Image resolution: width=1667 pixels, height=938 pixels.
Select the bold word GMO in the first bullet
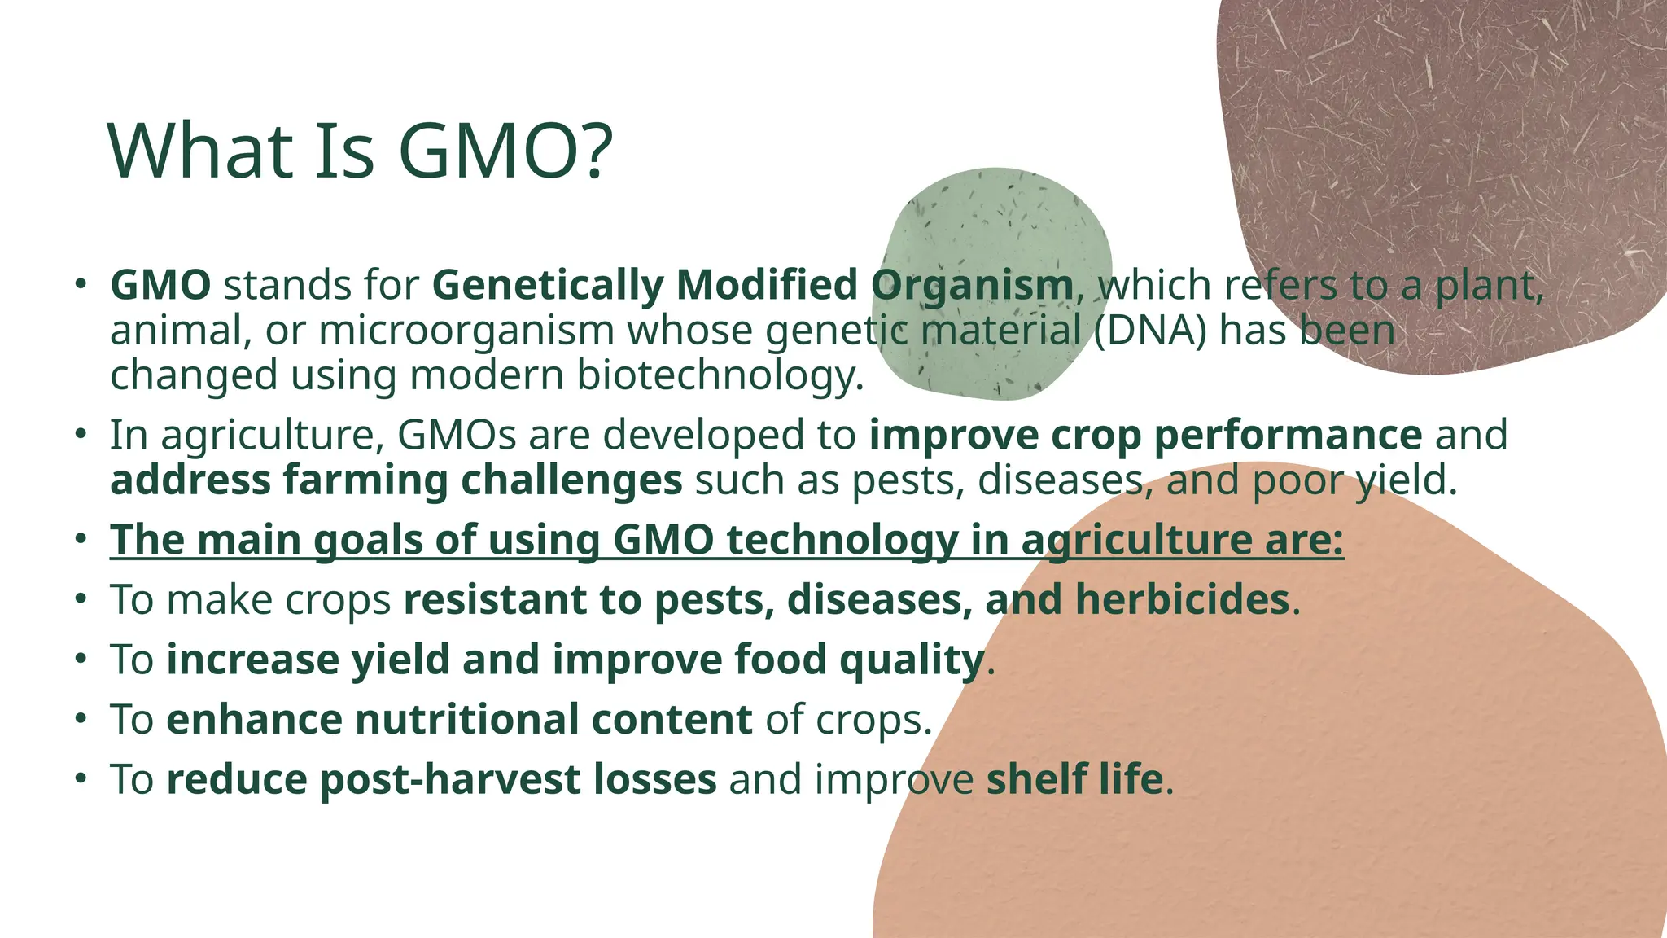160,285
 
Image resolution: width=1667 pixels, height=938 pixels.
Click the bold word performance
1288,435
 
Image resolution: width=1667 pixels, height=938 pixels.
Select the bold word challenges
571,480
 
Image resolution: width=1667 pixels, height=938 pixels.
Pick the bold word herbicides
1182,600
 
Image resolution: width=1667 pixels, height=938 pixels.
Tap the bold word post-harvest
449,779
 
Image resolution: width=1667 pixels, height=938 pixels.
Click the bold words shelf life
1074,779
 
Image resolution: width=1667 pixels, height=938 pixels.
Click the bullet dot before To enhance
80,719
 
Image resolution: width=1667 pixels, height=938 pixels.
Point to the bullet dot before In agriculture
80,434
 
